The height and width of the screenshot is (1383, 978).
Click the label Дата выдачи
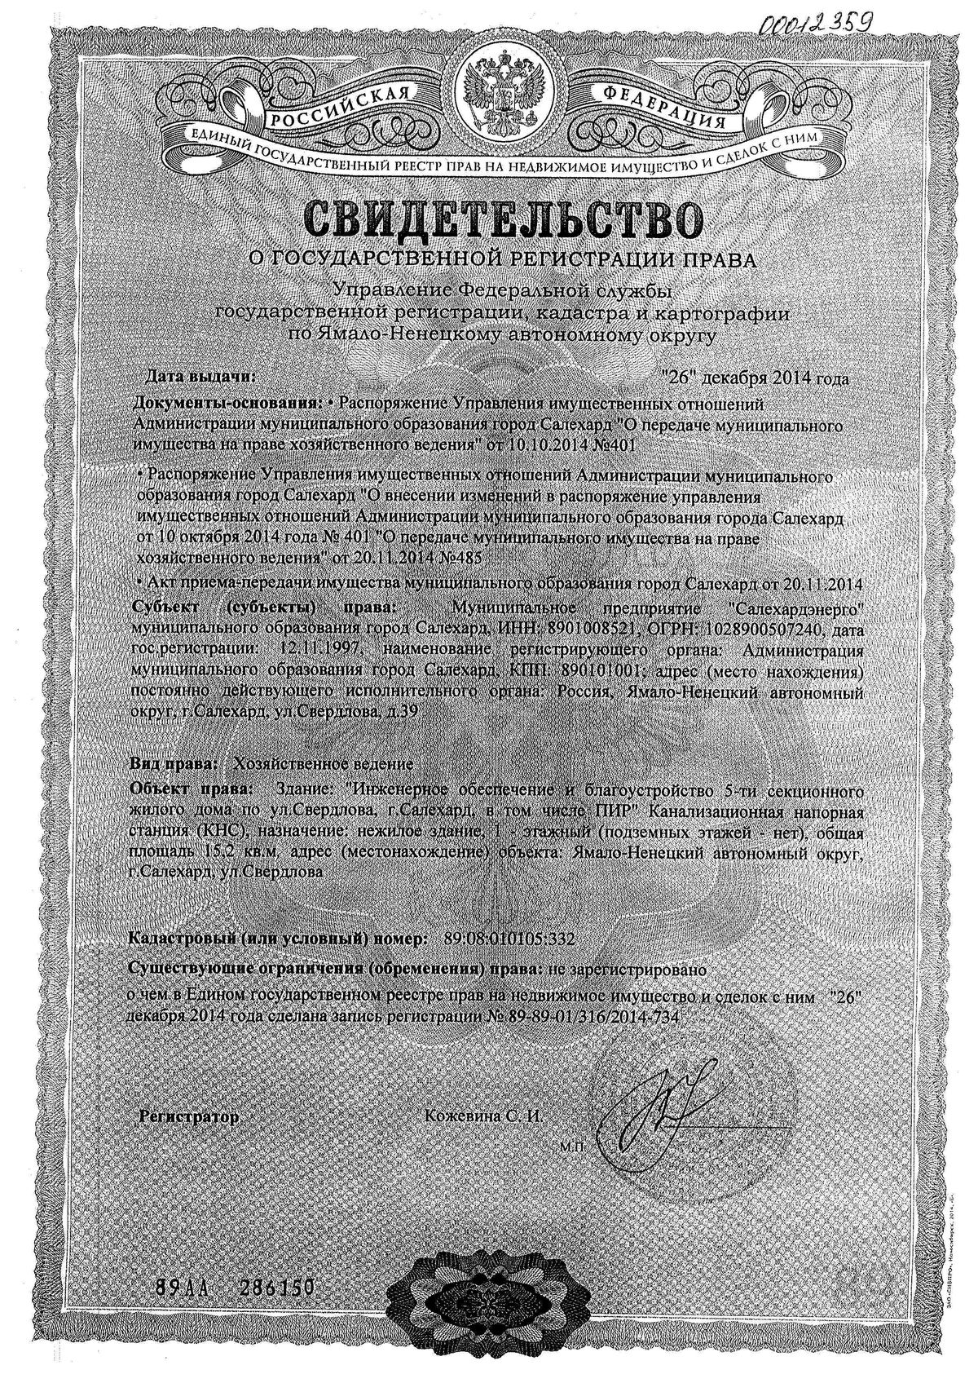pyautogui.click(x=199, y=378)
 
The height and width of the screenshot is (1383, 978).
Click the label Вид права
pyautogui.click(x=173, y=764)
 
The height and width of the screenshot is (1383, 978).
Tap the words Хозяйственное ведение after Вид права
pyautogui.click(x=324, y=764)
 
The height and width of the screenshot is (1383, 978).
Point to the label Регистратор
pyautogui.click(x=190, y=1116)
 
